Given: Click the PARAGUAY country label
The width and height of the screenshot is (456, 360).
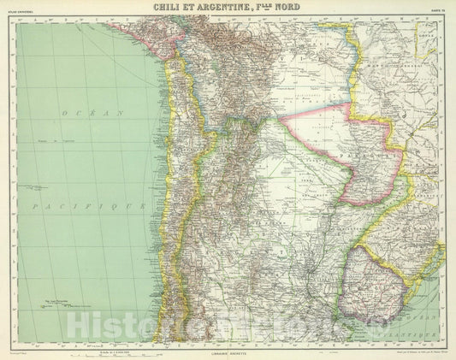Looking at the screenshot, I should (x=371, y=160).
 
